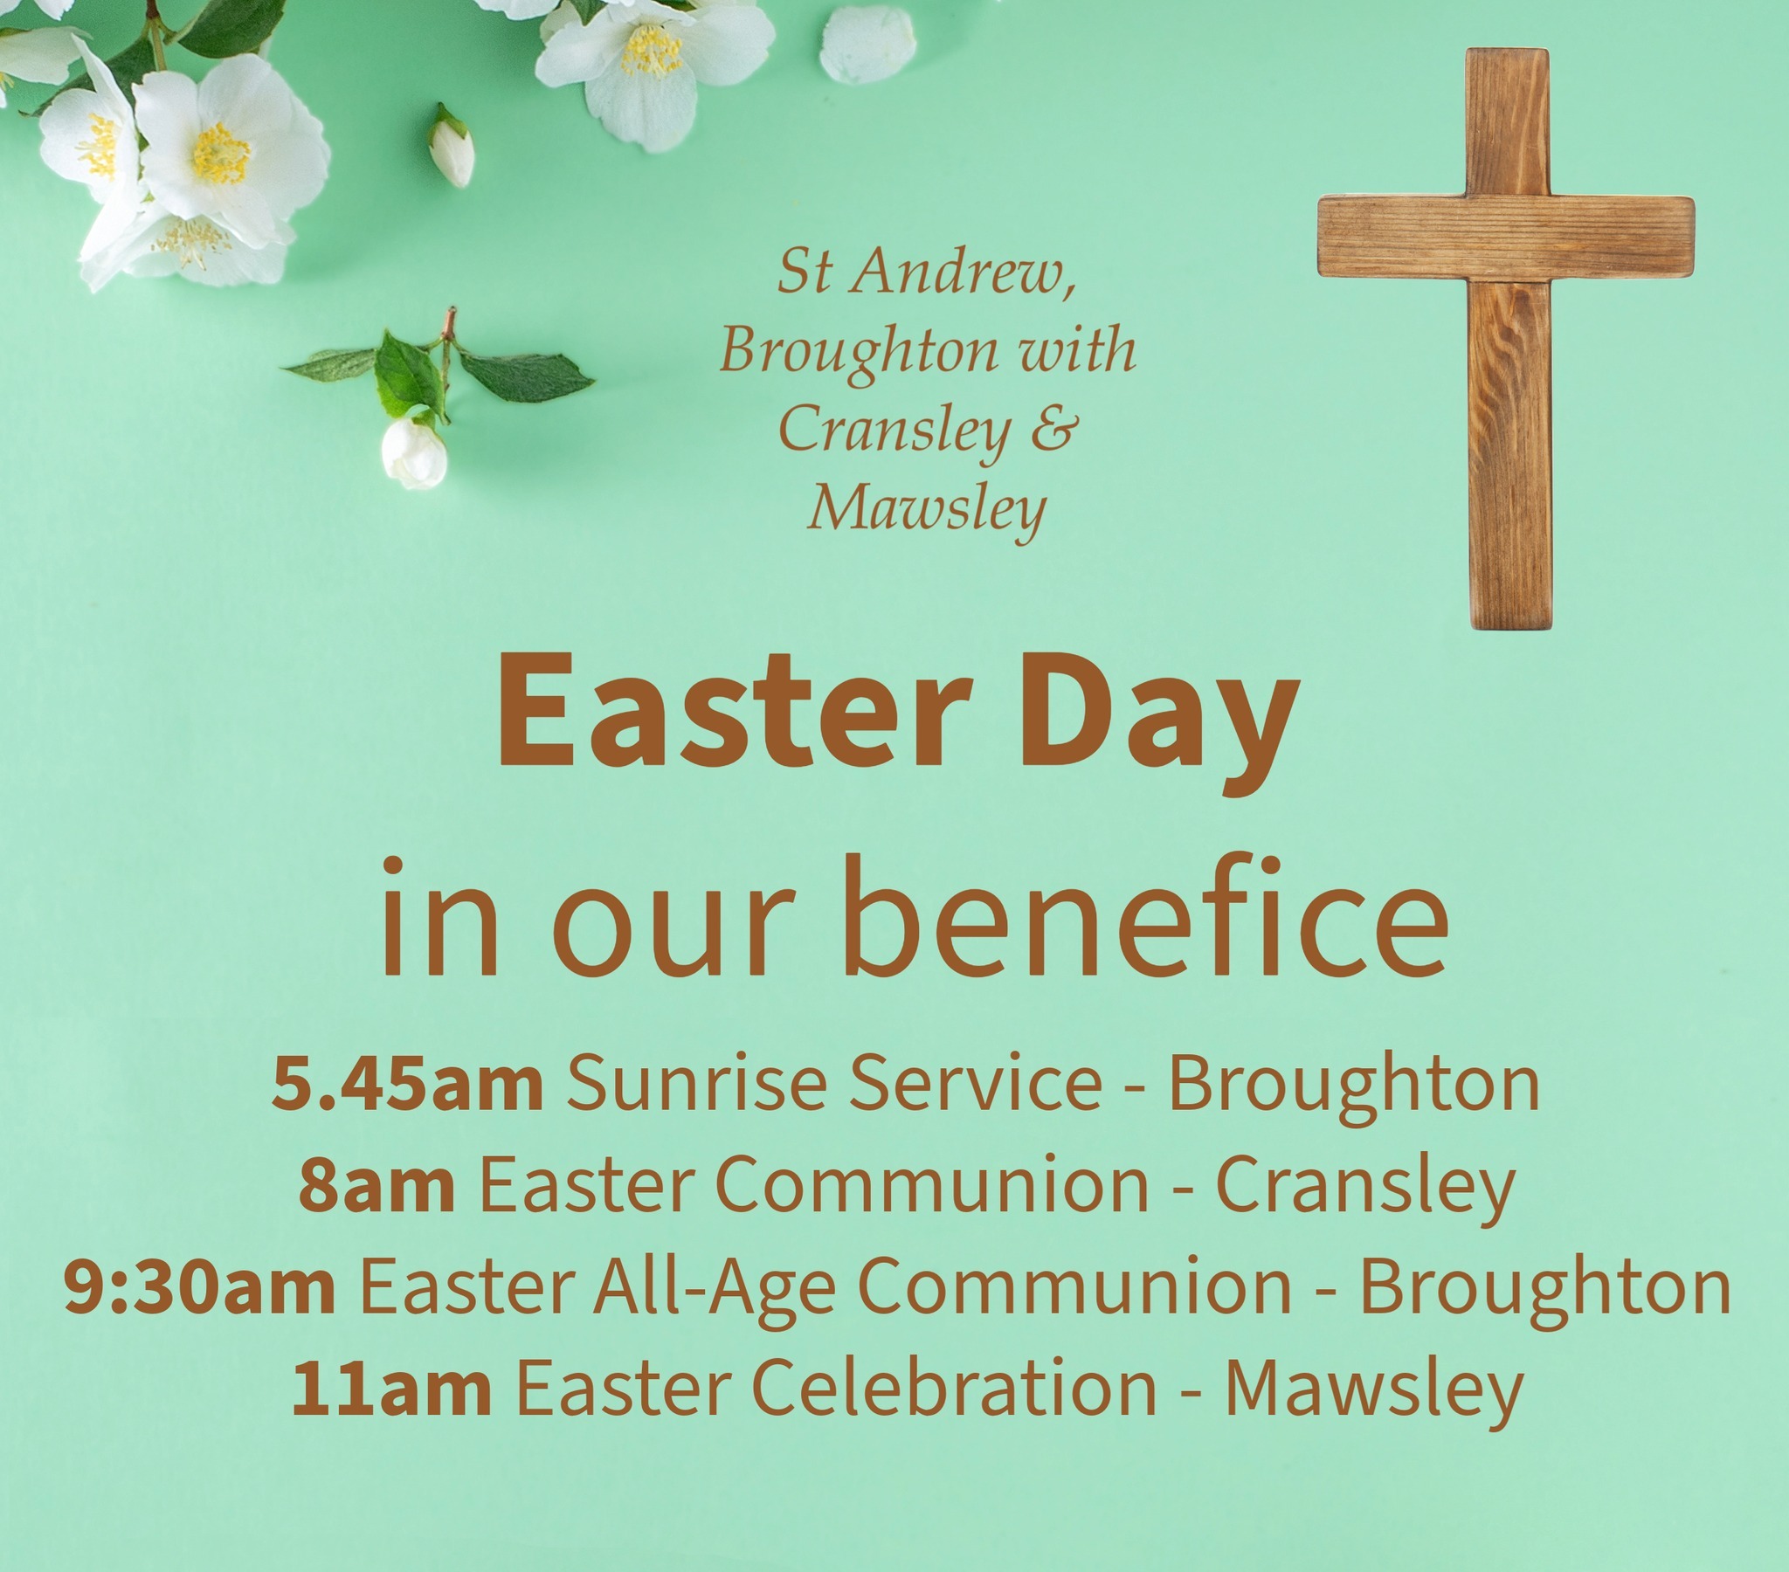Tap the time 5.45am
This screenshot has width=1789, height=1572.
pyautogui.click(x=407, y=1085)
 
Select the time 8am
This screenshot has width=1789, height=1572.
pyautogui.click(x=376, y=1186)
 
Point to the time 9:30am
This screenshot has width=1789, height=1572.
pyautogui.click(x=199, y=1287)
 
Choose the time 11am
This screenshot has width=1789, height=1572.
pyautogui.click(x=390, y=1389)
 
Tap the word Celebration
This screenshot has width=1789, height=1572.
pyautogui.click(x=955, y=1389)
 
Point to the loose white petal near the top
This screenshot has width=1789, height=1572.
pyautogui.click(x=867, y=44)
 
